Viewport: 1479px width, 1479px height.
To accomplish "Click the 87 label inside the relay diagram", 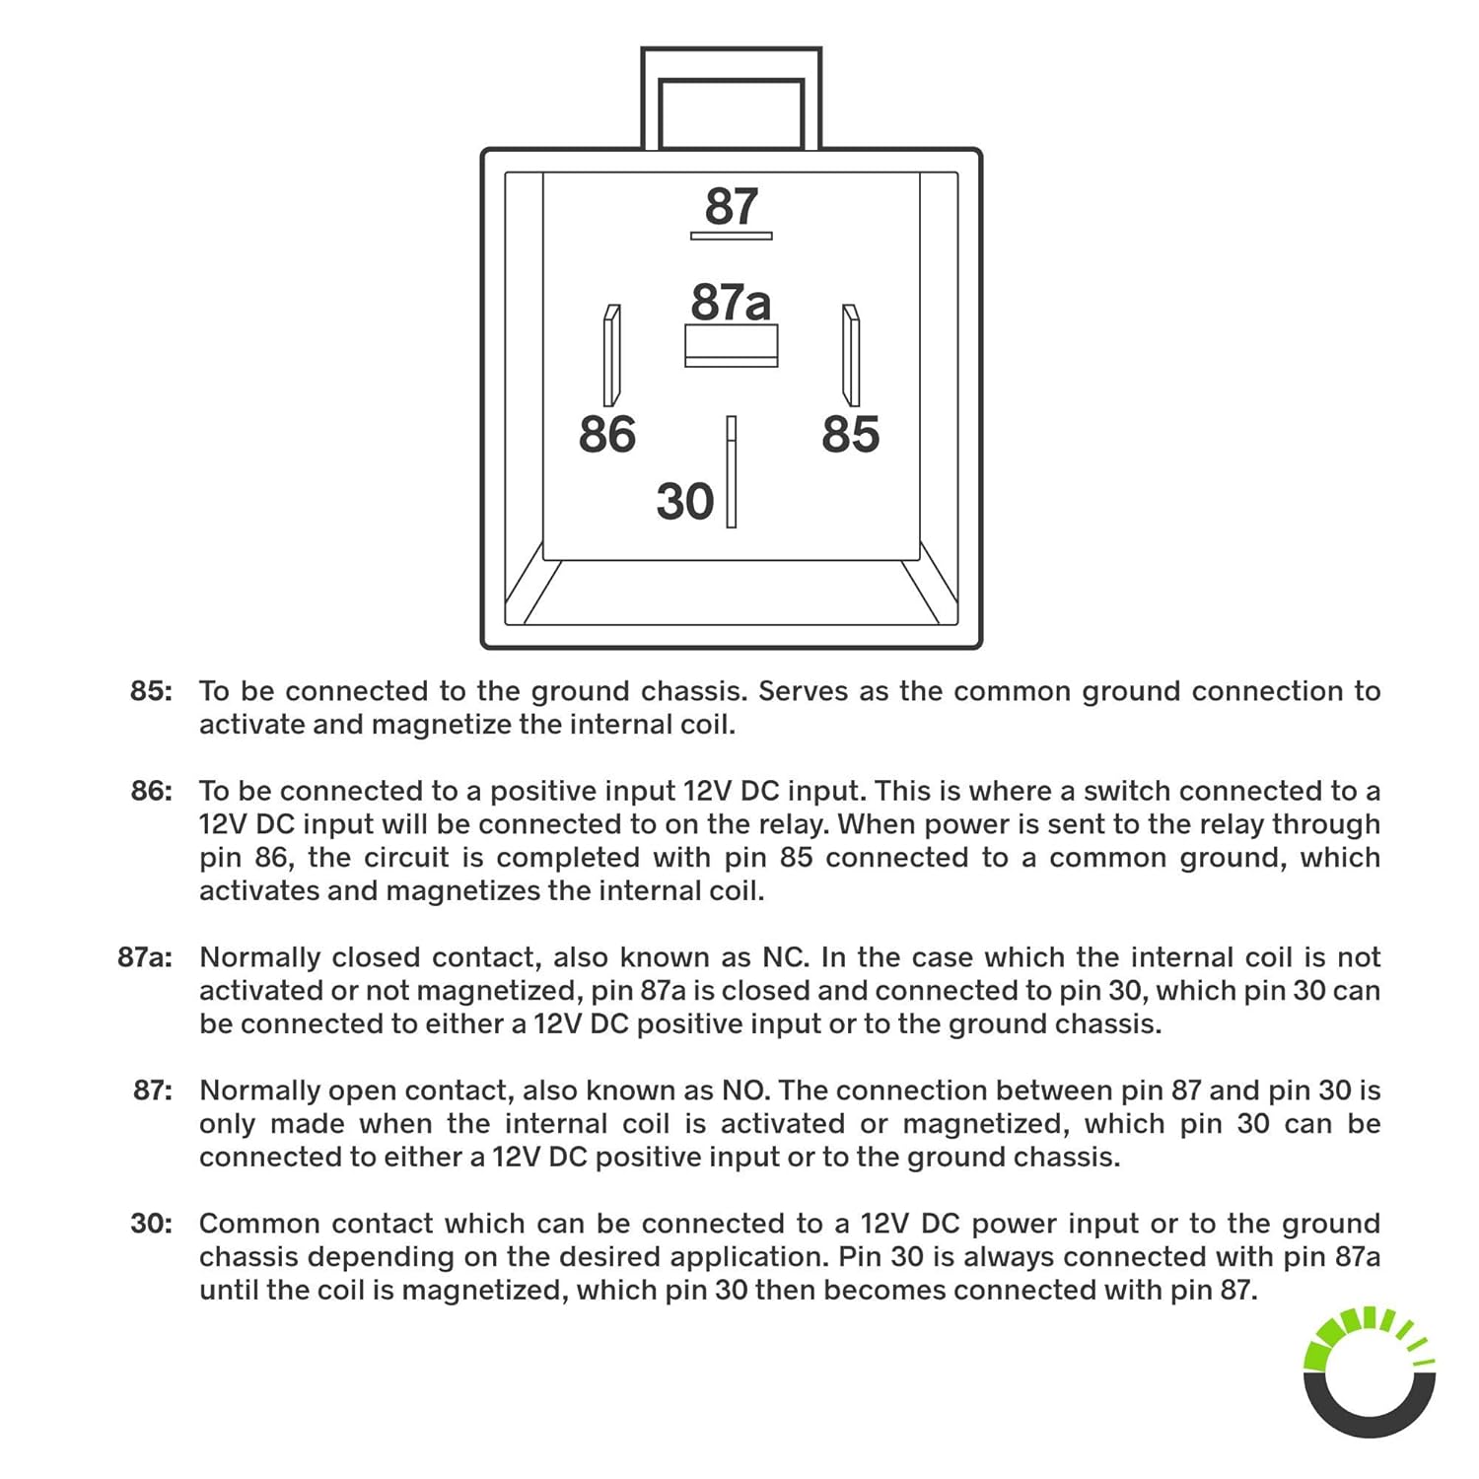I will tap(731, 206).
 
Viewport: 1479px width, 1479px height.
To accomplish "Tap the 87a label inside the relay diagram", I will tap(730, 302).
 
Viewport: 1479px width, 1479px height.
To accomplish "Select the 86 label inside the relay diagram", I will tap(606, 435).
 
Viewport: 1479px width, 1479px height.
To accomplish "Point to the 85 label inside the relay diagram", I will tap(850, 435).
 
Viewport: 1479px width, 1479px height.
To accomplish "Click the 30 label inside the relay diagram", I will tap(684, 502).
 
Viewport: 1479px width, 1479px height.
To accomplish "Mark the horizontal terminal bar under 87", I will tap(731, 236).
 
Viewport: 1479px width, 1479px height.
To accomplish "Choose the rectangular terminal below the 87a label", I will tap(731, 346).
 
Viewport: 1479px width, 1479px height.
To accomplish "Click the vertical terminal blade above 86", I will tap(611, 355).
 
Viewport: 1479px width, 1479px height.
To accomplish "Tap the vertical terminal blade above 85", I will tap(851, 355).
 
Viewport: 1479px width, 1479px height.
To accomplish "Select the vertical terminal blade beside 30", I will tap(731, 471).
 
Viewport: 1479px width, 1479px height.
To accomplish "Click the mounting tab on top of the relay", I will tap(731, 99).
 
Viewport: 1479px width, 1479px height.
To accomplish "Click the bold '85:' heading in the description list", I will tap(151, 691).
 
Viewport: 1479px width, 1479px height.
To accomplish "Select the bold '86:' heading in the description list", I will tap(151, 791).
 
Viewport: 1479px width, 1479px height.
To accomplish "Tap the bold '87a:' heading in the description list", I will tap(144, 957).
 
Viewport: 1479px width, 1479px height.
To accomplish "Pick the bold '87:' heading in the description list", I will tap(152, 1091).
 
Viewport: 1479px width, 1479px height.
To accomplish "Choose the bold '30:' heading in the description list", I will tap(151, 1224).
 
